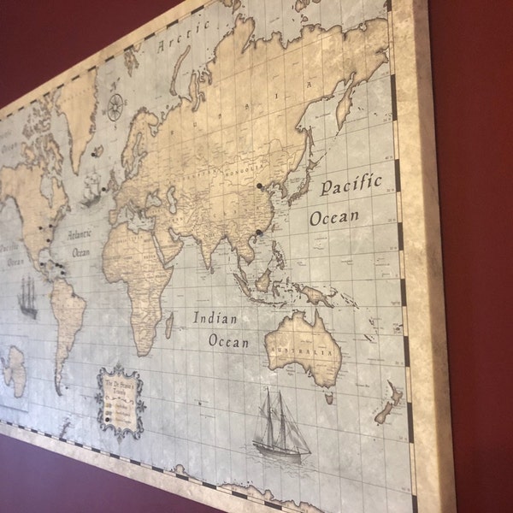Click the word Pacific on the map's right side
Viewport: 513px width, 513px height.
pos(351,186)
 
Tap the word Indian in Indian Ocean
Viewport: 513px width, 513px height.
pos(215,318)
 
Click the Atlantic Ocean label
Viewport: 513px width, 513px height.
pos(80,240)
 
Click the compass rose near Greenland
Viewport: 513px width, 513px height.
pos(115,107)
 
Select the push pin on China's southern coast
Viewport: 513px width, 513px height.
pos(258,232)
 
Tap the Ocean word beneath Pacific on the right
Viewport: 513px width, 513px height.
pos(334,217)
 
